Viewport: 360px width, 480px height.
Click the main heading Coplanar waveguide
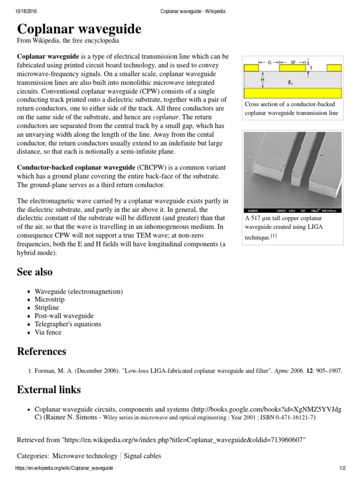[x=79, y=29]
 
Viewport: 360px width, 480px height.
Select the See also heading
[x=35, y=272]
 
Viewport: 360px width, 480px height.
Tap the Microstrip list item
[x=50, y=300]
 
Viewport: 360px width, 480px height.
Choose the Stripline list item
[x=47, y=308]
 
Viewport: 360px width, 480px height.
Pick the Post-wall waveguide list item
[x=64, y=316]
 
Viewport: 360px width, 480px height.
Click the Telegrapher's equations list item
[x=67, y=324]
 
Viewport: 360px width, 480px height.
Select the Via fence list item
[x=48, y=332]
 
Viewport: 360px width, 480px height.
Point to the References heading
[x=42, y=352]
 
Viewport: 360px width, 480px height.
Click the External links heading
[x=49, y=390]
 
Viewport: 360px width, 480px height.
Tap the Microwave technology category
[x=85, y=456]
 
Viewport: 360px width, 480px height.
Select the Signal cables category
[x=142, y=456]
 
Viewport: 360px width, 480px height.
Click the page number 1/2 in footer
[x=342, y=468]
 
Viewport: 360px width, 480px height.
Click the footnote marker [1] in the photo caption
[x=273, y=237]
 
